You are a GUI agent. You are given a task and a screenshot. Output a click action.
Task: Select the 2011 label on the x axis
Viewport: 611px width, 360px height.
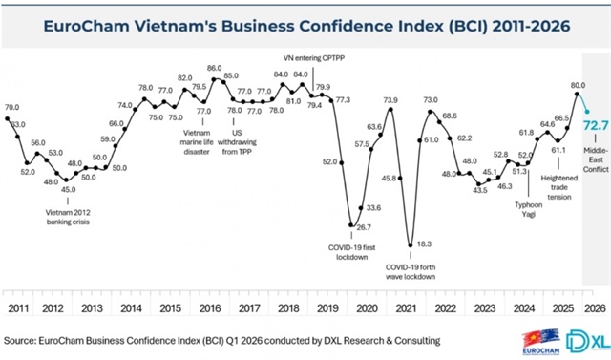pyautogui.click(x=18, y=308)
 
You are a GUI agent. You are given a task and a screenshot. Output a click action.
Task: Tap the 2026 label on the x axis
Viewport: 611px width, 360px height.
pyautogui.click(x=591, y=308)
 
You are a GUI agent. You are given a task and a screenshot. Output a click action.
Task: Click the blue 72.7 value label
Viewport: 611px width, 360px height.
pyautogui.click(x=592, y=124)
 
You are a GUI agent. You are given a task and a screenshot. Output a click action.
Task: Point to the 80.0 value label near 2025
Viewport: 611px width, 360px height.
pyautogui.click(x=578, y=85)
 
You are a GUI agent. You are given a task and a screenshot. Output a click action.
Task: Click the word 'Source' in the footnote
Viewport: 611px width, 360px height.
pyautogui.click(x=25, y=339)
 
